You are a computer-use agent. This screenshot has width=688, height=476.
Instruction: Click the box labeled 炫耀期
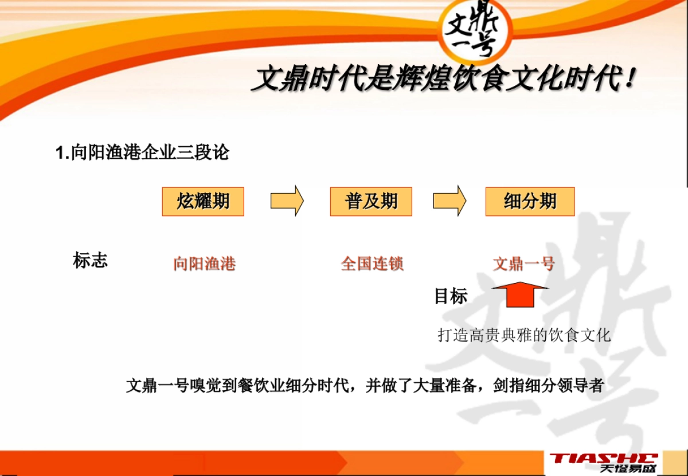[203, 202]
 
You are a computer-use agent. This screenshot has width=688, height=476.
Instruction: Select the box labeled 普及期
[371, 202]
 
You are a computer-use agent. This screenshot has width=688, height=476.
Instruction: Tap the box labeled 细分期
[530, 202]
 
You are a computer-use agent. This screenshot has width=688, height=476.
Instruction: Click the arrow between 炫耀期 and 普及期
[287, 201]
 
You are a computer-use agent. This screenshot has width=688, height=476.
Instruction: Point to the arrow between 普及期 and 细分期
[449, 201]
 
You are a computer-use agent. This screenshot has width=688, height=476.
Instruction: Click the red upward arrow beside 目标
[519, 294]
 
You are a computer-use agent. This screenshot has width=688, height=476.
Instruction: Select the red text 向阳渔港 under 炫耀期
[205, 264]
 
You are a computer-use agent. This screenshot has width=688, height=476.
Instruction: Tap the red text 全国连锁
[373, 264]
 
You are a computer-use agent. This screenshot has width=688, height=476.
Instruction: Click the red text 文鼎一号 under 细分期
[524, 264]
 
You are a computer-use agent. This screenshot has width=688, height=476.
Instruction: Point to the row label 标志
[90, 261]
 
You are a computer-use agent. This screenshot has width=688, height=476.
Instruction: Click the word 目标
[451, 297]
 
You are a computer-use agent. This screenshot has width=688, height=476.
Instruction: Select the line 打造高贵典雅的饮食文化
[524, 335]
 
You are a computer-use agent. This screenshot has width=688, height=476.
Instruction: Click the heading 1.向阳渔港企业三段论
[142, 153]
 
